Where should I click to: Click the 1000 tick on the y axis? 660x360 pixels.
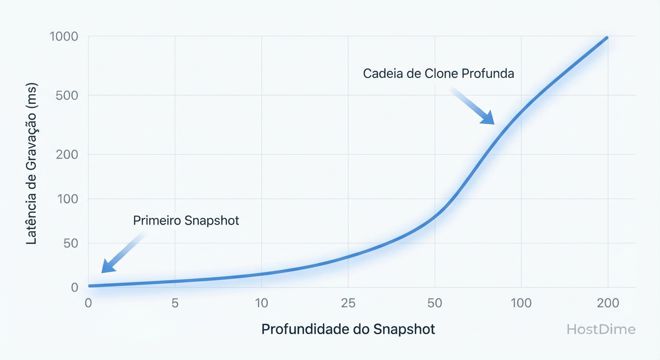coord(63,37)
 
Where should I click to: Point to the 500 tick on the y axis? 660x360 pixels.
coord(67,96)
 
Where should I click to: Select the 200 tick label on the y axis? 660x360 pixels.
coord(67,154)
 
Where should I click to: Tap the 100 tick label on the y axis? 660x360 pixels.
coord(67,199)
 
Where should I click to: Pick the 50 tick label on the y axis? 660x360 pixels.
coord(70,243)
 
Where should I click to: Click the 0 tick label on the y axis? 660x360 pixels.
coord(74,287)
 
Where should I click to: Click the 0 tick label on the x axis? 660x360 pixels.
coord(88,303)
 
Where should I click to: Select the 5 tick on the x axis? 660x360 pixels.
coord(175,303)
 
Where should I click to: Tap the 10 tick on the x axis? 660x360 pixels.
coord(262,303)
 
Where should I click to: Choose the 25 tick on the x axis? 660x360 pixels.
coord(348,303)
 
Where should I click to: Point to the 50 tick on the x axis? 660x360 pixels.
coord(435,303)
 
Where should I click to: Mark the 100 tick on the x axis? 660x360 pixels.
coord(521,303)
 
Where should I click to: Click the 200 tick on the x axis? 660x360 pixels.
coord(608,303)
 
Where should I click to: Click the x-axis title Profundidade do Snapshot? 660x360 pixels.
coord(348,329)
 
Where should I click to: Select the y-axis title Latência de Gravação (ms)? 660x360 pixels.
coord(32,163)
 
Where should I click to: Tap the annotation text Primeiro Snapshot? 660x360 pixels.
coord(186,220)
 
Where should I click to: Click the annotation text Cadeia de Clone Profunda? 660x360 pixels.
coord(438,74)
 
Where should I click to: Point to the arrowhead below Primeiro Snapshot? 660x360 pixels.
coord(107,267)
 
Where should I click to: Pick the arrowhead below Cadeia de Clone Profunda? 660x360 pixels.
coord(488,119)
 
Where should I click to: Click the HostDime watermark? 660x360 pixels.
coord(601,330)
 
